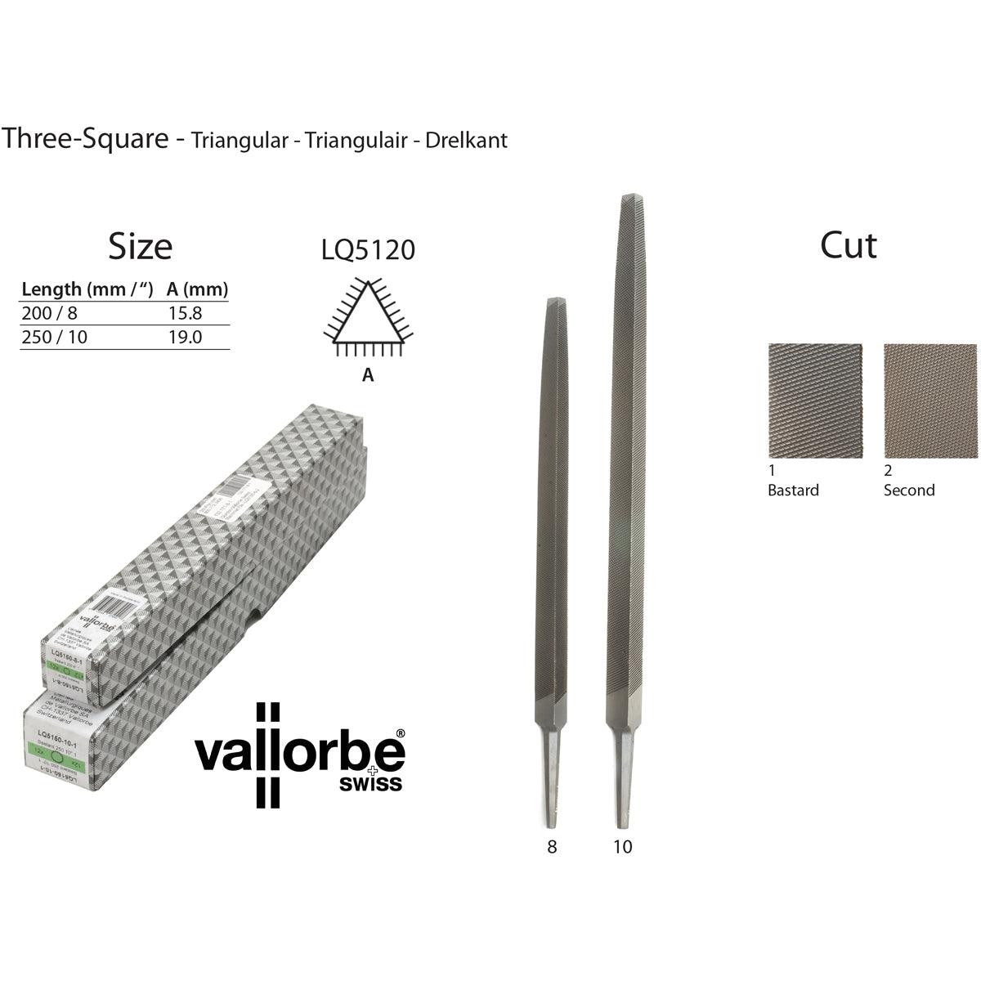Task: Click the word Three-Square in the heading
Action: coord(85,139)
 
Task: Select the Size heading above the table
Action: coord(141,246)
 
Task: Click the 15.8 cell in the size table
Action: coord(184,313)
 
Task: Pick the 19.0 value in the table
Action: coord(184,337)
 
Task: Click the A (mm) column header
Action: coord(197,289)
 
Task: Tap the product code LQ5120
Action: coord(369,250)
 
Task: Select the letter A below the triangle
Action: coord(368,375)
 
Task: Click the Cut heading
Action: coord(849,245)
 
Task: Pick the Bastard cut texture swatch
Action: coord(815,401)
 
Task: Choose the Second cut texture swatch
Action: coord(930,401)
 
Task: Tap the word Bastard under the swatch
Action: coord(793,490)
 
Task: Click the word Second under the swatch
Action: coord(909,490)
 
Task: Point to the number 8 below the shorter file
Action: coord(552,847)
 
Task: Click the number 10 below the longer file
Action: coord(622,847)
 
